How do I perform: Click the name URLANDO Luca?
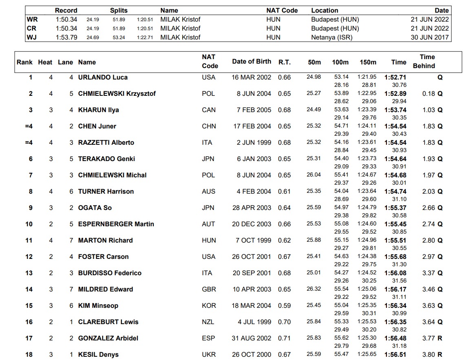coord(103,77)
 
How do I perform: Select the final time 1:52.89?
coord(395,93)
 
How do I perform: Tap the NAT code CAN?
coord(208,110)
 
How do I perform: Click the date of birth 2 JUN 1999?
coord(254,142)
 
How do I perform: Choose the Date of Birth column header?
coord(252,62)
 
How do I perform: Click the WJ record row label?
coord(31,37)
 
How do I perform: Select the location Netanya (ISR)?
coord(331,37)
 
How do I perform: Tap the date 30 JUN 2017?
coord(430,37)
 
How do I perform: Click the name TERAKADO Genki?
coord(106,159)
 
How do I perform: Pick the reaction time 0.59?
coord(284,305)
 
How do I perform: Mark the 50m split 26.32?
coord(314,289)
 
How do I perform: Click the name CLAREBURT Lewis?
coord(108,322)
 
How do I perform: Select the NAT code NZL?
coord(208,322)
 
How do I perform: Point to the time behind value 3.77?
coord(429,338)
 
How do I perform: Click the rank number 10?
coord(29,224)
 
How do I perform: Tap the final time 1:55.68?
coord(395,256)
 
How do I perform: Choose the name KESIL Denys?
coord(98,354)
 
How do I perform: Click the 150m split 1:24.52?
coord(367,273)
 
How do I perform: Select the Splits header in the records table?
coord(119,10)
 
